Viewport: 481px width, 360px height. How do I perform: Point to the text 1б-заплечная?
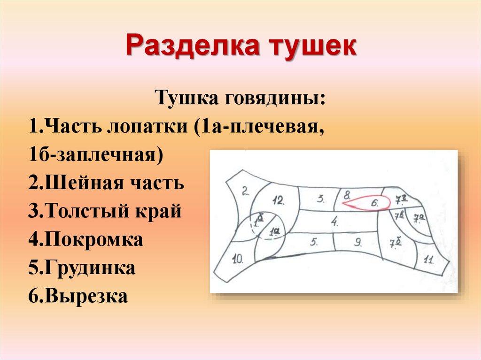96,154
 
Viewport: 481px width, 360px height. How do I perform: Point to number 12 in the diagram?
279,201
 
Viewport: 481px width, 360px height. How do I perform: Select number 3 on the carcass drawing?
321,199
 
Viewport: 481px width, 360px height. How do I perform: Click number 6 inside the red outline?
375,203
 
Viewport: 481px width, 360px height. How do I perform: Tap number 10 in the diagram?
238,258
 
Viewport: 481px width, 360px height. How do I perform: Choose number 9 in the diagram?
357,243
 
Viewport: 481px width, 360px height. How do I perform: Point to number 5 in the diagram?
315,242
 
